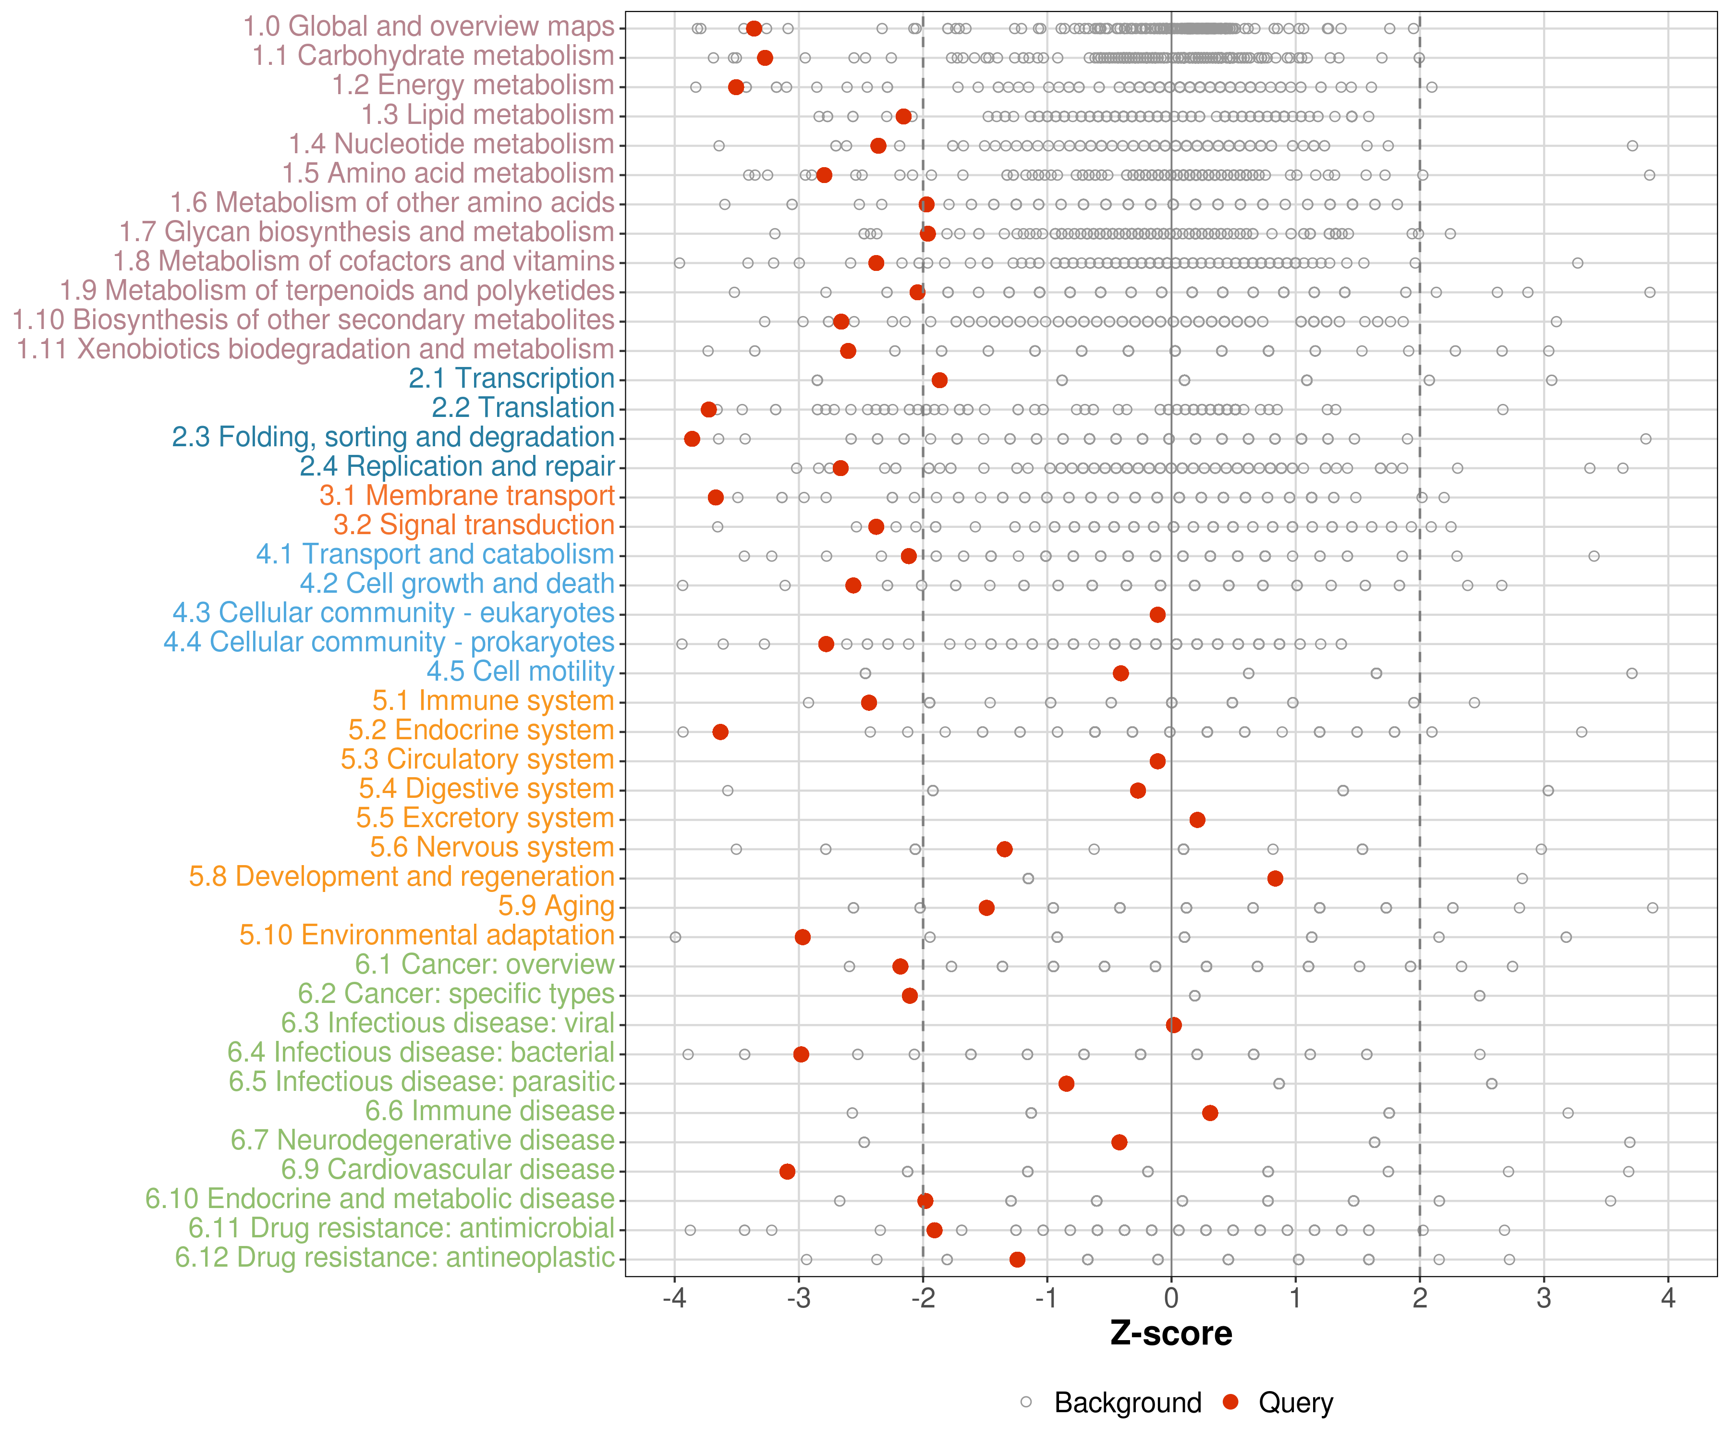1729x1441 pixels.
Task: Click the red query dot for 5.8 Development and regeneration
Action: click(x=1275, y=879)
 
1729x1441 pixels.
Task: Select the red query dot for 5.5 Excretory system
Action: click(x=1197, y=820)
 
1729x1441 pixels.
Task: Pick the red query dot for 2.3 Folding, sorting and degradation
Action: click(x=692, y=439)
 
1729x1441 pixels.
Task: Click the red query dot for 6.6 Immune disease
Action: click(x=1209, y=1113)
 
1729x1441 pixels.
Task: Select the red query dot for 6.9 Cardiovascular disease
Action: click(x=787, y=1172)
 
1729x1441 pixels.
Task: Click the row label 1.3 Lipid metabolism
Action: click(x=487, y=115)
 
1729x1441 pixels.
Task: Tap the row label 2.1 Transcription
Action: click(x=511, y=379)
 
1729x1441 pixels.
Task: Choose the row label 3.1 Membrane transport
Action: click(x=467, y=496)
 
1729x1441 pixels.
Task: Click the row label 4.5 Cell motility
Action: click(x=520, y=672)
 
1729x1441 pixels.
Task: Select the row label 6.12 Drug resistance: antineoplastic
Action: click(x=394, y=1258)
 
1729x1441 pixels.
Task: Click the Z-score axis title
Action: click(x=1171, y=1334)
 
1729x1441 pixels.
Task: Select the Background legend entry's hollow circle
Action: click(x=1026, y=1402)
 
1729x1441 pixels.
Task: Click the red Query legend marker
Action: click(x=1231, y=1402)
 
